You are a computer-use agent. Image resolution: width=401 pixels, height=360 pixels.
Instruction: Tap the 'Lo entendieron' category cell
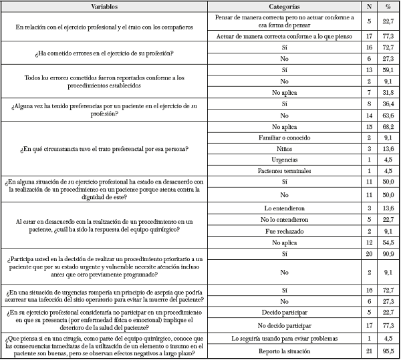click(285, 209)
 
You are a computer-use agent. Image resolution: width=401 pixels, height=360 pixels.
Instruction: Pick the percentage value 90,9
click(388, 254)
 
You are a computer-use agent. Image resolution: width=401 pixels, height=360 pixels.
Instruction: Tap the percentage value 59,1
click(388, 69)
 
